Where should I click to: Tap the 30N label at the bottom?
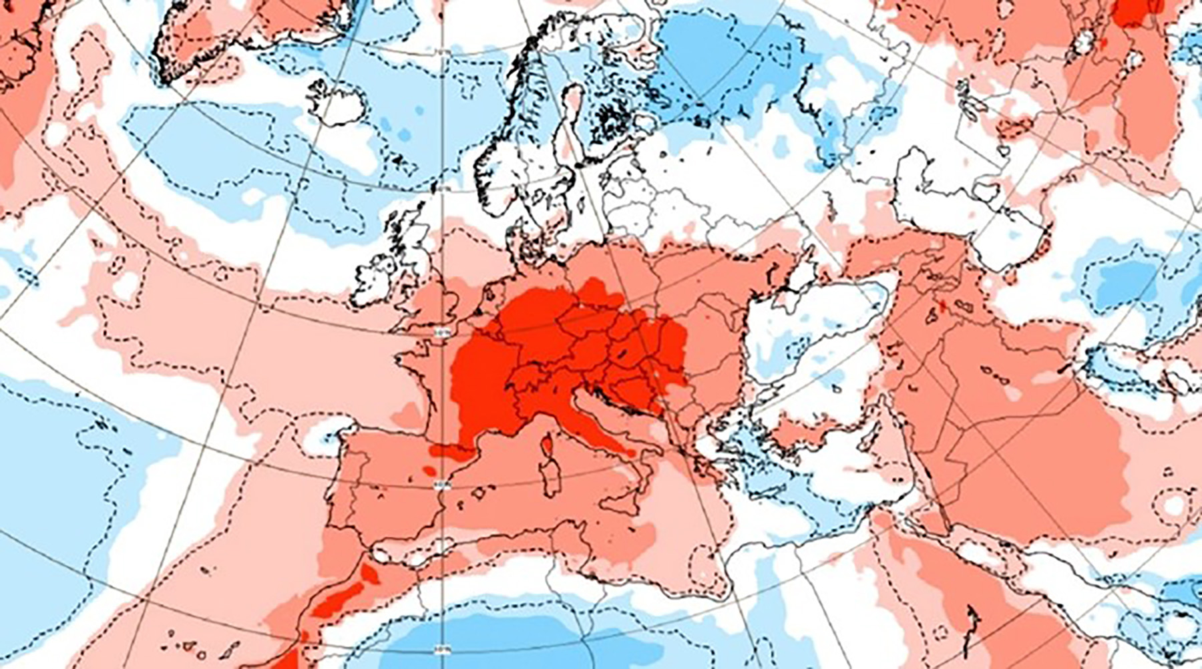pyautogui.click(x=441, y=648)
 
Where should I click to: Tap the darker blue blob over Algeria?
pyautogui.click(x=467, y=641)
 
